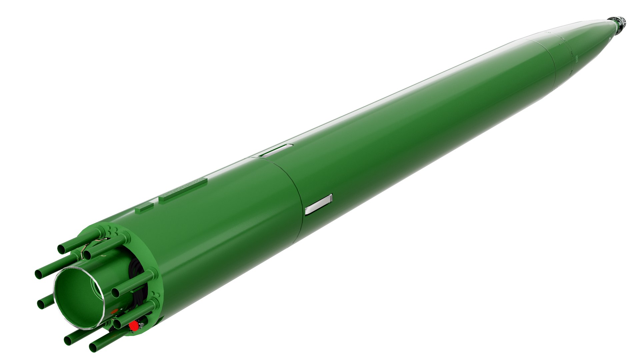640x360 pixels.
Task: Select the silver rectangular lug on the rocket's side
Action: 319,204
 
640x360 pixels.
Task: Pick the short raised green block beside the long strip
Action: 144,209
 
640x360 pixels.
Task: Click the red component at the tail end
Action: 134,326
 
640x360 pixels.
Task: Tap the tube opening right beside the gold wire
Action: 87,255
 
